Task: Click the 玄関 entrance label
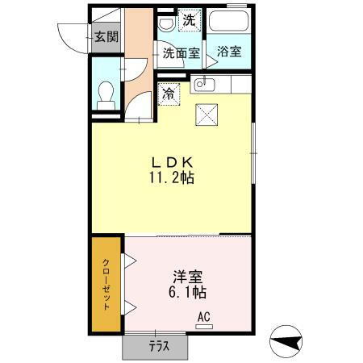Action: pos(105,36)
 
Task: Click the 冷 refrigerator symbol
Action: pos(169,93)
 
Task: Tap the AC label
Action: pos(203,317)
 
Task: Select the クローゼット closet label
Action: pos(106,284)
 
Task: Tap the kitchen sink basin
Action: pos(203,84)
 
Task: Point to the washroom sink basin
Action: pos(165,23)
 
